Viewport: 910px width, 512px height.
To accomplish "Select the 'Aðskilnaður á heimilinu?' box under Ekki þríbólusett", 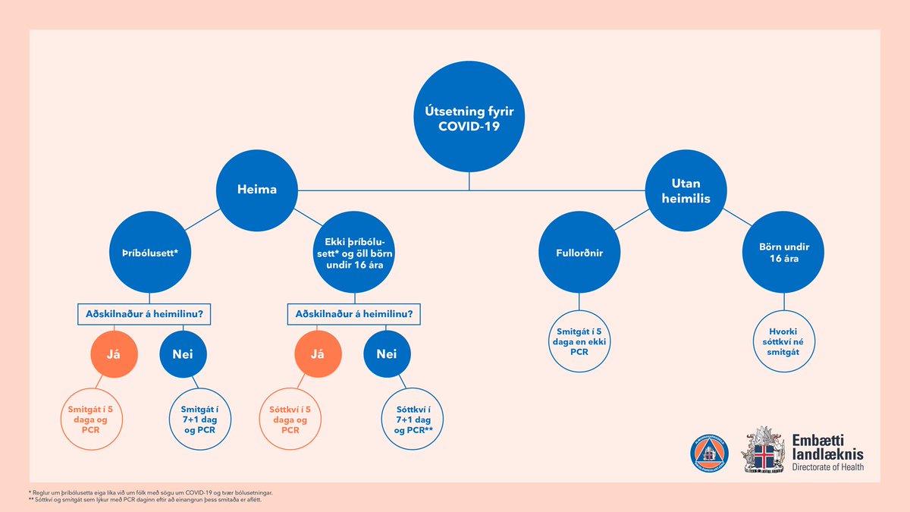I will point(353,314).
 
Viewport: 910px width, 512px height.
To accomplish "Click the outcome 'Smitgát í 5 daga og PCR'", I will point(89,419).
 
